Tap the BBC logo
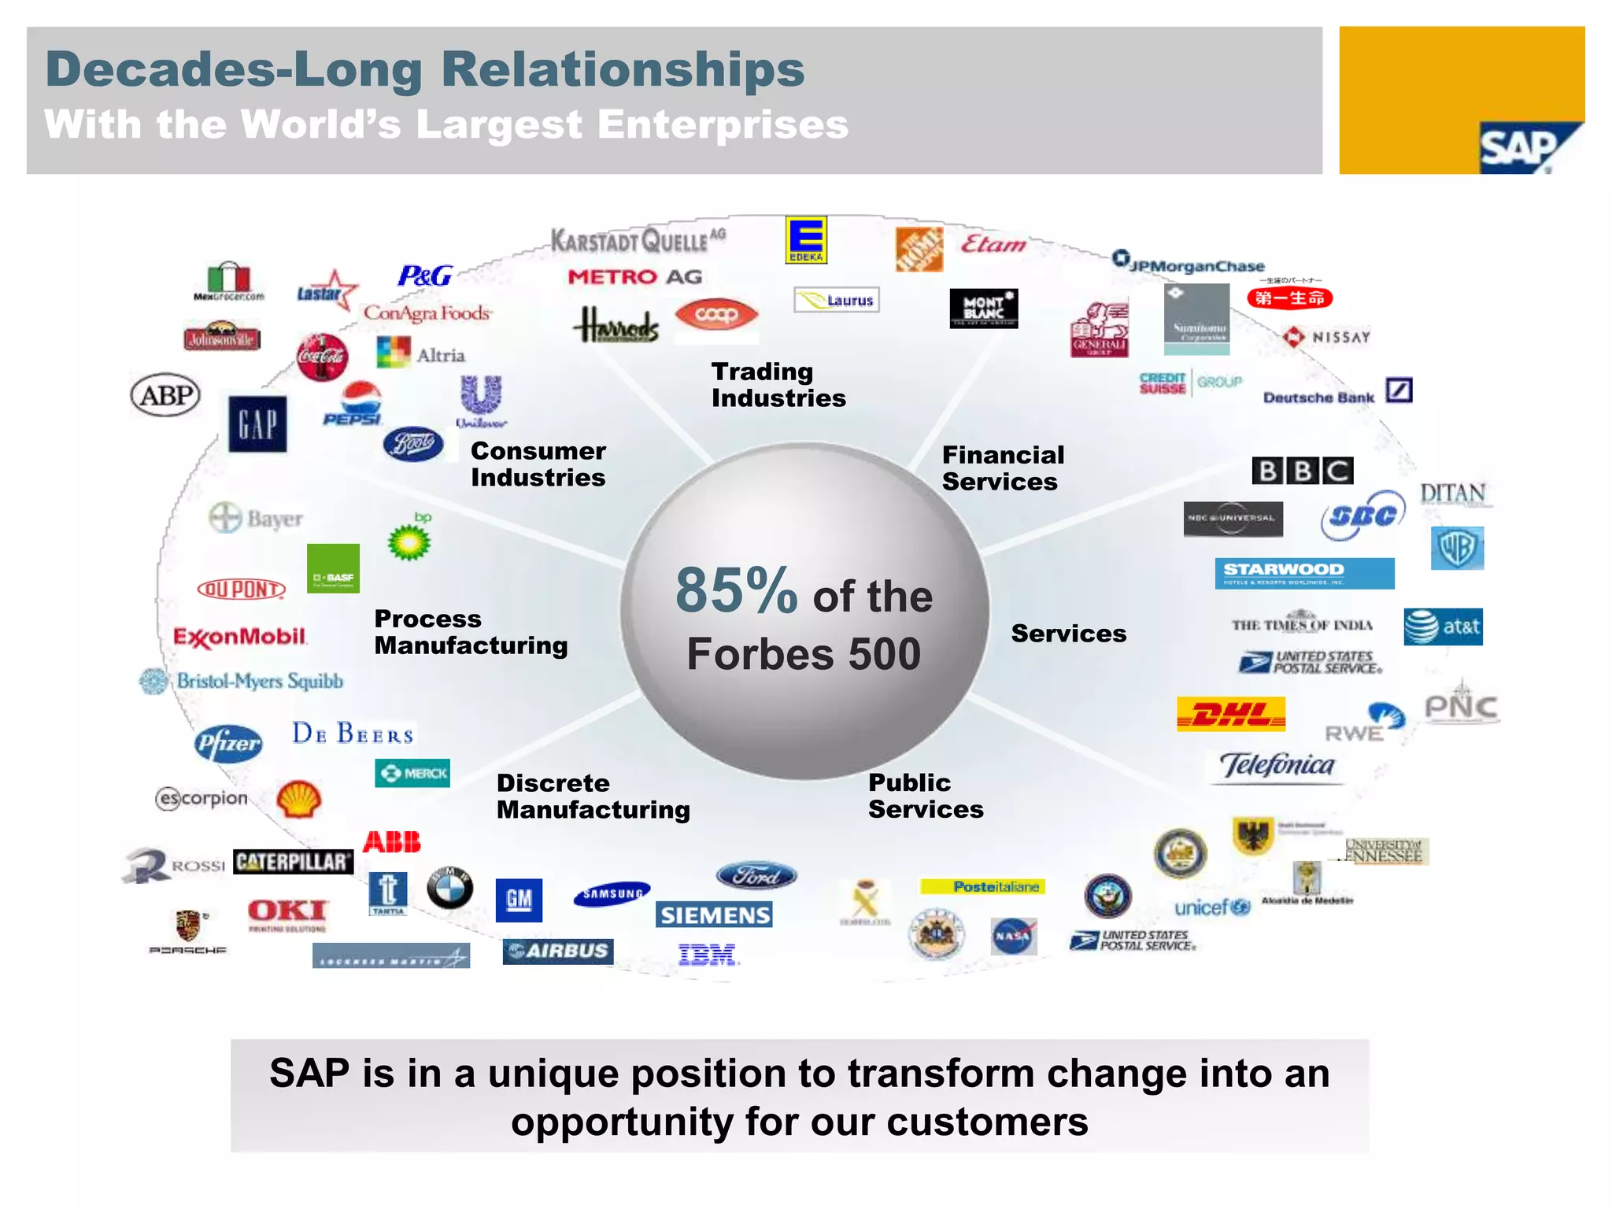point(1303,471)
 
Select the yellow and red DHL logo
point(1231,714)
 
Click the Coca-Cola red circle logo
point(322,357)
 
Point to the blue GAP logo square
point(257,424)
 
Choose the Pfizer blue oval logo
point(228,743)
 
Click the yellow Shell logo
point(299,799)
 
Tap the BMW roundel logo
point(449,889)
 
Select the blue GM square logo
point(519,899)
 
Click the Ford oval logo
point(756,875)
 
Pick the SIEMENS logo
point(714,915)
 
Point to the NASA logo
point(1013,936)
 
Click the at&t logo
point(1443,627)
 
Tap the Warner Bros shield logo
point(1457,548)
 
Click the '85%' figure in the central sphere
point(736,590)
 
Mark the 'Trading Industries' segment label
point(778,385)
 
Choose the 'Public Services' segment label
point(926,796)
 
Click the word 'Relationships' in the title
point(623,69)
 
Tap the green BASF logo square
point(333,568)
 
